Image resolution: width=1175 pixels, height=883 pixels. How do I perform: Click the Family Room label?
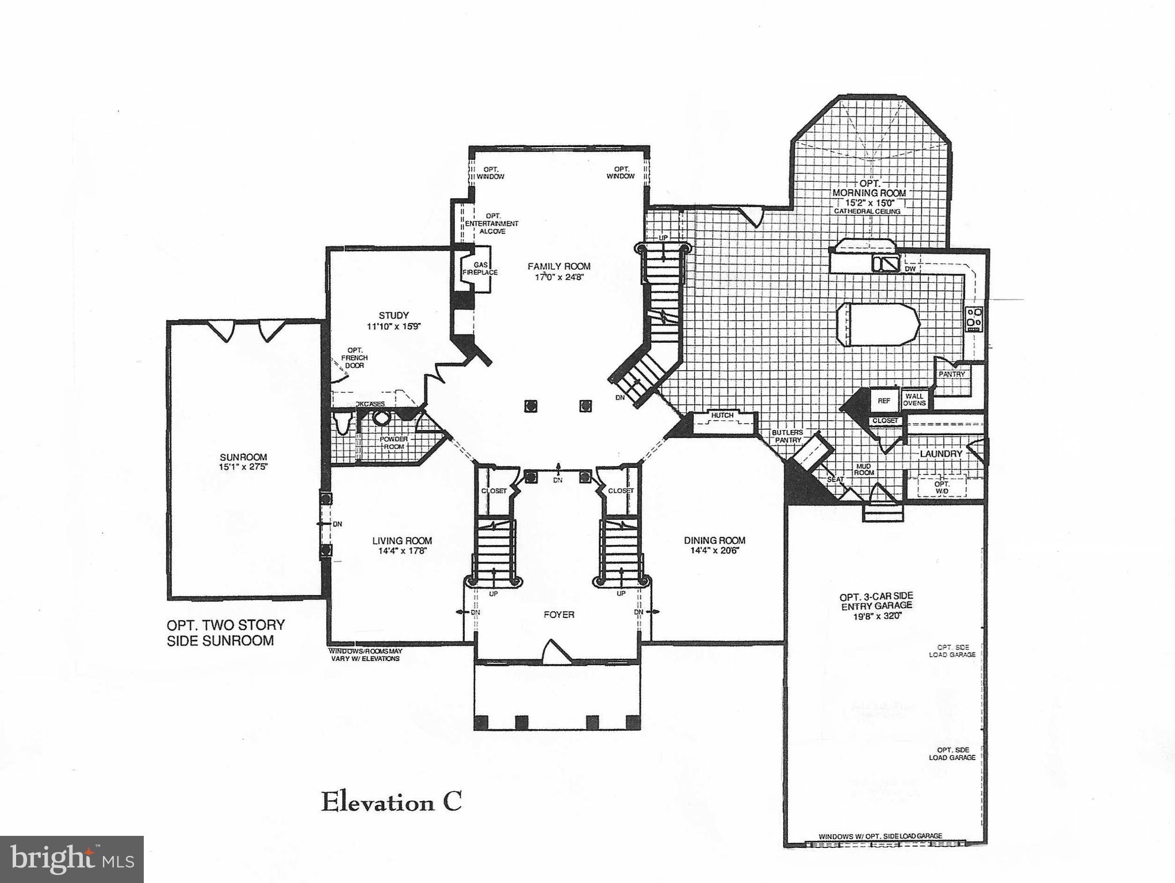[558, 266]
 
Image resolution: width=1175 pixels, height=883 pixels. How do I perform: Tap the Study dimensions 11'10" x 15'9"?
[393, 326]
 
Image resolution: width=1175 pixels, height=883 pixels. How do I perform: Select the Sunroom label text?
[243, 457]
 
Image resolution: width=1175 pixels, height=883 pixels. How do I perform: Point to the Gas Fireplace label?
[480, 268]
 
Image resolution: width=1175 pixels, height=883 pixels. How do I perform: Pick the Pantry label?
[951, 374]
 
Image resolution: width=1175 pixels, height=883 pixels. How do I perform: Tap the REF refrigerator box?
[884, 401]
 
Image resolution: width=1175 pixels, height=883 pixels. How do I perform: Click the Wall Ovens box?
[914, 400]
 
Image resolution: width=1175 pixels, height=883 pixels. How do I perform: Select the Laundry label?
[941, 454]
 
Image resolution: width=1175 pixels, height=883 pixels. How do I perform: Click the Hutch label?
[722, 415]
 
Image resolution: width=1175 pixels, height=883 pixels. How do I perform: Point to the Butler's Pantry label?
[787, 436]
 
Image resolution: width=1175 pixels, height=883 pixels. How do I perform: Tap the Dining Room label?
[714, 540]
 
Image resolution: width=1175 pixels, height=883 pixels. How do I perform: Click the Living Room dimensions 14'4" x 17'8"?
[402, 551]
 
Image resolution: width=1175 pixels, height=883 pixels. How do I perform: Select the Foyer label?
[558, 615]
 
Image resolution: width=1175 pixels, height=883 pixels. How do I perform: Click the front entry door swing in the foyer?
[556, 652]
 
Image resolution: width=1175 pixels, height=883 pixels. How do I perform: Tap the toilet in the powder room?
[343, 423]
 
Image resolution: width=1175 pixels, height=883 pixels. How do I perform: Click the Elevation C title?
[391, 802]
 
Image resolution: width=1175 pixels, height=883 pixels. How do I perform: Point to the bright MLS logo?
[71, 859]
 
